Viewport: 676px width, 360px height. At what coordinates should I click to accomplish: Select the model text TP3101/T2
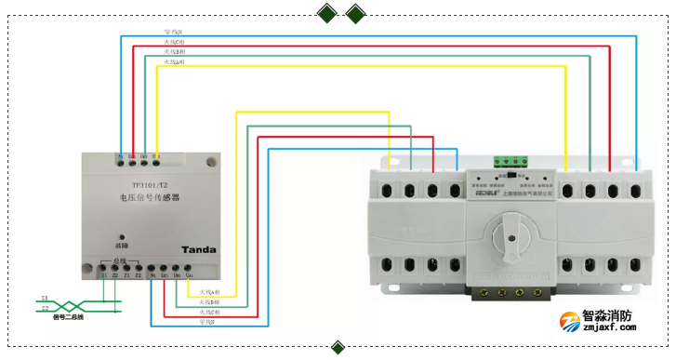click(x=137, y=185)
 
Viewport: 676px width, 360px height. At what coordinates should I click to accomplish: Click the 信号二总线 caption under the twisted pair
click(x=68, y=317)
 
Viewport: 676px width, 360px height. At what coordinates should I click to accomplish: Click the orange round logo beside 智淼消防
click(x=568, y=322)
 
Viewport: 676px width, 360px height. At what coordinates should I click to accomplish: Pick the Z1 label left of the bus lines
click(x=45, y=299)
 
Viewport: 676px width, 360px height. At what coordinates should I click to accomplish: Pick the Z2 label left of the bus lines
click(x=45, y=308)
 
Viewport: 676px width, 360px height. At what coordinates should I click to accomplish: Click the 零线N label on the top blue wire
click(x=173, y=33)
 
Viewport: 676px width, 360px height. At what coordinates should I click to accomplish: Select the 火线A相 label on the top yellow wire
click(x=173, y=62)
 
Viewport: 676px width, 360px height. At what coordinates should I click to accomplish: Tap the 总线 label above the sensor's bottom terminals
click(x=119, y=261)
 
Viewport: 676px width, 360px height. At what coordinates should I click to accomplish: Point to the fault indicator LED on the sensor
click(x=119, y=236)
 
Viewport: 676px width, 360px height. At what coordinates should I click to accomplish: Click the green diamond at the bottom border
click(x=338, y=349)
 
